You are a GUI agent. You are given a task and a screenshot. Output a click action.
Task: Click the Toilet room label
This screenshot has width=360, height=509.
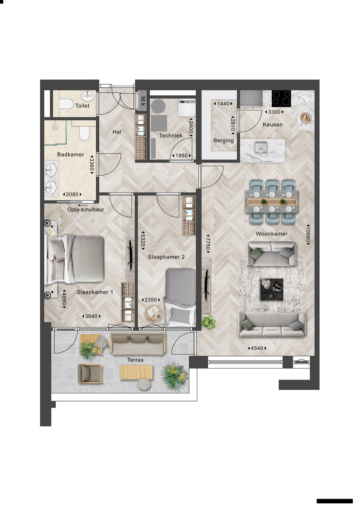82,106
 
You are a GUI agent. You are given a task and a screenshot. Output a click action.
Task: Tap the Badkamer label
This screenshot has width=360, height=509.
70,155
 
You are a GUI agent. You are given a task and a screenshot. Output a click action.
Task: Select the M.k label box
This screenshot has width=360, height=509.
143,100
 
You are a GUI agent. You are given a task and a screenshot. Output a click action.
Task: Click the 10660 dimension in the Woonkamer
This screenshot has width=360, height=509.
308,234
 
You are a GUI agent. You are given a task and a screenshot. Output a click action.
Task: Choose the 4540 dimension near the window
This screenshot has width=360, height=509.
257,348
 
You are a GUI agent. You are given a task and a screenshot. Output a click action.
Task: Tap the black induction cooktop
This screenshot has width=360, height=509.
281,98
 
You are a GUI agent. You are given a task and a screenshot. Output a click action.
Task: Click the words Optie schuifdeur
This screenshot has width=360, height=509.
86,210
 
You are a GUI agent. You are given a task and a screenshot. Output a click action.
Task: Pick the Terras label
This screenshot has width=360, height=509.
135,360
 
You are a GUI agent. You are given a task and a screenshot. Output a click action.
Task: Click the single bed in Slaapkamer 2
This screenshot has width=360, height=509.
181,296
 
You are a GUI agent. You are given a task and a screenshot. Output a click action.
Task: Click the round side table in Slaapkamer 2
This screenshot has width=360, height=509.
154,312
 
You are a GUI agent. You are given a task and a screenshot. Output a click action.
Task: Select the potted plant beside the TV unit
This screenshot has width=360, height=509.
209,322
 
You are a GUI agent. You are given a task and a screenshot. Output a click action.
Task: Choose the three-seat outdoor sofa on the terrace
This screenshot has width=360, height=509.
138,344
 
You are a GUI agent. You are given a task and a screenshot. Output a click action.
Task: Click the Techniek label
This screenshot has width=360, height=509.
171,136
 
